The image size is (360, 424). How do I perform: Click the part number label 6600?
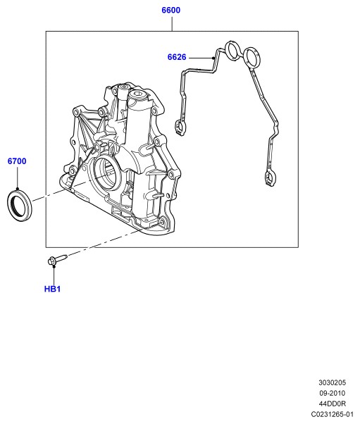coord(171,10)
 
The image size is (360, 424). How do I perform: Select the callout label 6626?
coord(177,57)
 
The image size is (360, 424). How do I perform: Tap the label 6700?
coord(17,161)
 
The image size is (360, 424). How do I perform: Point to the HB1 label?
coord(52,289)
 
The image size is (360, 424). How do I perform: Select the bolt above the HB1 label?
coord(57,259)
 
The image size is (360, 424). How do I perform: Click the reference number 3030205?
coord(332,382)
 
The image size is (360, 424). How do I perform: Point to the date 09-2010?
coord(332,393)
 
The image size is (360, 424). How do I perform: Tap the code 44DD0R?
coord(332,404)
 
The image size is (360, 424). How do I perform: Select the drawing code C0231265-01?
coord(332,414)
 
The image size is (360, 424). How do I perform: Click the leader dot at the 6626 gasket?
coord(213,58)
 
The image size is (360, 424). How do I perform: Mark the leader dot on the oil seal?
coord(18,189)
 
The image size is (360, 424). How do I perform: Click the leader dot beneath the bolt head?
coord(54,267)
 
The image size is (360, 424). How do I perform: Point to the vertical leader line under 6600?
coord(172,24)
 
